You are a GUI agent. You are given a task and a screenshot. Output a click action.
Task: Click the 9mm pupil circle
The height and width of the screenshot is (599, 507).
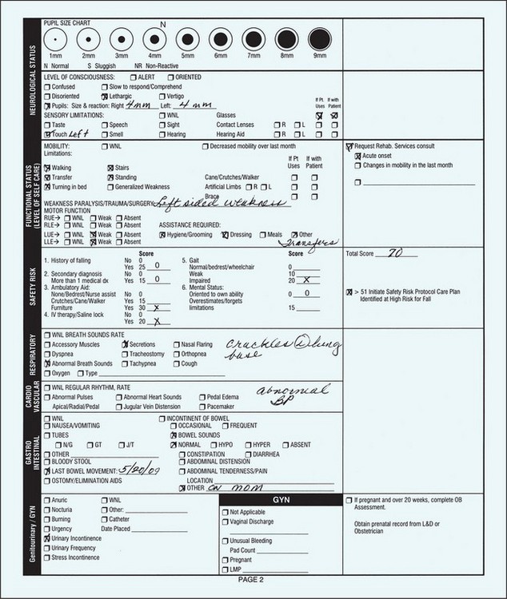[319, 38]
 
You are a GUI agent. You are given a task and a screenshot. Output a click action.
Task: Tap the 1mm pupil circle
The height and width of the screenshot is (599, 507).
[55, 38]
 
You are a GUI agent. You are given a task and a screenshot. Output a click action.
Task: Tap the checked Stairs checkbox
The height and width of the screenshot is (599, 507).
[110, 168]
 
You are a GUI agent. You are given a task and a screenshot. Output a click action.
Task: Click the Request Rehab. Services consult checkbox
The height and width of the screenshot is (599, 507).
[349, 147]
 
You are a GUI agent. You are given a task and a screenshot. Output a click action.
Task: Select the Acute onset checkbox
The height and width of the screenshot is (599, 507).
[357, 156]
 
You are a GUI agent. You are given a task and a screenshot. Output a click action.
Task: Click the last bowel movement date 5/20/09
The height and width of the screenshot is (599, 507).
[140, 471]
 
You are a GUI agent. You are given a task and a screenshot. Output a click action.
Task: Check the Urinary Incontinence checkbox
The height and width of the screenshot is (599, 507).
[47, 539]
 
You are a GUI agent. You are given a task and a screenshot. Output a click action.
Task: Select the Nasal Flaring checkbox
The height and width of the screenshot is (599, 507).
[175, 343]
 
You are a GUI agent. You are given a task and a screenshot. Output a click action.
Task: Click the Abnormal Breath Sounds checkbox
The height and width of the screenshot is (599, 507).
[47, 363]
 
